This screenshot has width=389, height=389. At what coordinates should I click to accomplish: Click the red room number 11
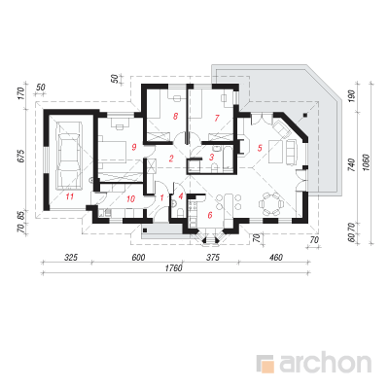click(70, 196)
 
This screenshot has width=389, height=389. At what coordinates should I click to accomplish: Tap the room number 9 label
click(133, 147)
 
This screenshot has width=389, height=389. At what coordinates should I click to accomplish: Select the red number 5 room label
click(260, 148)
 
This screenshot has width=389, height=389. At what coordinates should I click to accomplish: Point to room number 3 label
click(212, 158)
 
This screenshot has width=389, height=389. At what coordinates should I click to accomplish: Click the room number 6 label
click(210, 215)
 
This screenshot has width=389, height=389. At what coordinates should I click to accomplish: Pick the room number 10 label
click(130, 198)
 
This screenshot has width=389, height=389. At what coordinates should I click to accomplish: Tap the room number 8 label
click(175, 116)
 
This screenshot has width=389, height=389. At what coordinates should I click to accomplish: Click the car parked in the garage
click(69, 156)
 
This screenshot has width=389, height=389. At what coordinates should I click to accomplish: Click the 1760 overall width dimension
click(174, 268)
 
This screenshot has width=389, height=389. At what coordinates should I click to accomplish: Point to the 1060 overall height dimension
click(367, 161)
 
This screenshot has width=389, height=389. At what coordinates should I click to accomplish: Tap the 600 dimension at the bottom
click(138, 258)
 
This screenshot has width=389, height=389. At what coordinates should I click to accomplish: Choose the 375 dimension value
click(213, 258)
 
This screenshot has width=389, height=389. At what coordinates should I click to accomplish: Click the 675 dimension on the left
click(20, 157)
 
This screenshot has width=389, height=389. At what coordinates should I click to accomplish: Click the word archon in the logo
click(325, 364)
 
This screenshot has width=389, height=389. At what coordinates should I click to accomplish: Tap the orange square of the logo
click(267, 367)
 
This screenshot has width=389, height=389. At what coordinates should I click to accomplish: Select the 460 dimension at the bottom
click(276, 258)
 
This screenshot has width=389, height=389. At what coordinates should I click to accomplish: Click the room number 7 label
click(217, 118)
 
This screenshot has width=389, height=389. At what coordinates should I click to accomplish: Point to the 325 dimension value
click(71, 258)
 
